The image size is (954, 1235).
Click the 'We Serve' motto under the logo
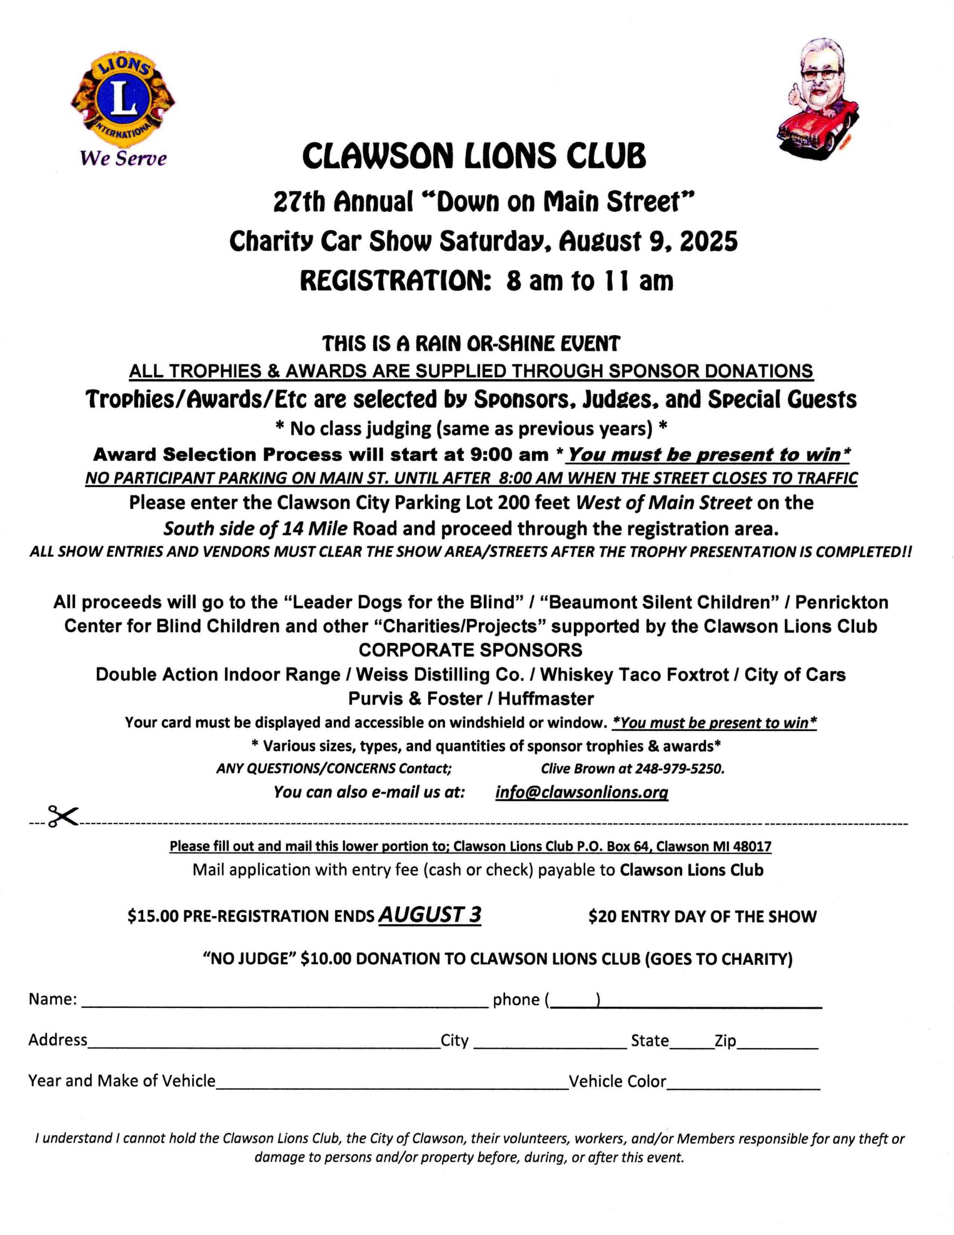click(123, 158)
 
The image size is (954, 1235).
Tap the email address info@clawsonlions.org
click(581, 792)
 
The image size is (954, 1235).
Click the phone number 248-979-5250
click(680, 769)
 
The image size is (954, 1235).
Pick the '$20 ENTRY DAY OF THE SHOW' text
click(702, 917)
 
